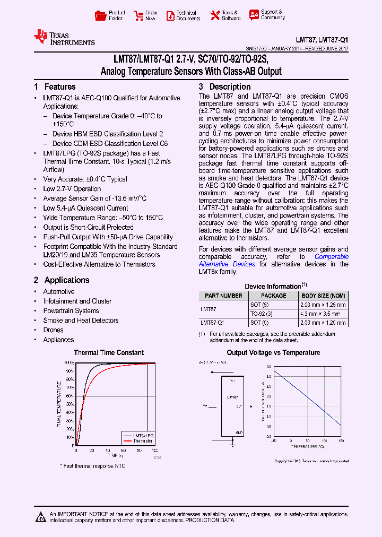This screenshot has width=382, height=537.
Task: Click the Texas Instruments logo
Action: click(x=64, y=37)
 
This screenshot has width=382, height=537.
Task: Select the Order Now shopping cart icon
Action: click(x=138, y=15)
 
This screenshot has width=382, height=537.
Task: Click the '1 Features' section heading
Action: click(x=55, y=86)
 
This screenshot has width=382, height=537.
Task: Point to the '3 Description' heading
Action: click(x=224, y=86)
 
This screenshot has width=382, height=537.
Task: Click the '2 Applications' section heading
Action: click(x=62, y=280)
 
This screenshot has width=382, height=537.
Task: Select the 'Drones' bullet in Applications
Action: click(x=53, y=330)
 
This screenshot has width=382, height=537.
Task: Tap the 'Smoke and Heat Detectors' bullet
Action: click(x=81, y=321)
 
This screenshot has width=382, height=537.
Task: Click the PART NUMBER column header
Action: click(x=223, y=296)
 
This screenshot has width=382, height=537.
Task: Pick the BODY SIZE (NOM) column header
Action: click(x=323, y=296)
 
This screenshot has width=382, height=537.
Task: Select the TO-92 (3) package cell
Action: click(x=261, y=314)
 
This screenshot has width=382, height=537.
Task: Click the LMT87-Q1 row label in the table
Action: click(x=212, y=322)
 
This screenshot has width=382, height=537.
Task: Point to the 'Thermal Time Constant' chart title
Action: click(x=109, y=352)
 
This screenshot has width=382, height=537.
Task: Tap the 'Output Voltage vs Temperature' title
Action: click(x=273, y=352)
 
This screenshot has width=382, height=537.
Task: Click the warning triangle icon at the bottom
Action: click(x=40, y=516)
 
